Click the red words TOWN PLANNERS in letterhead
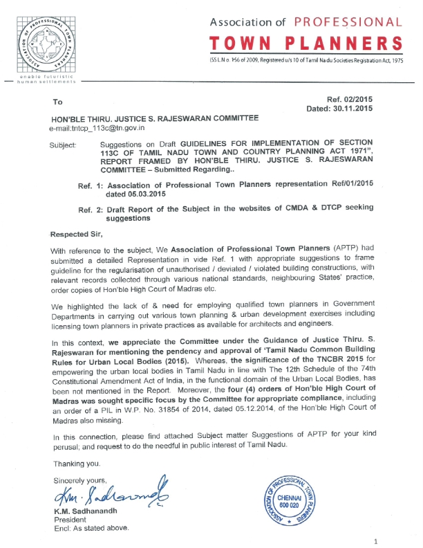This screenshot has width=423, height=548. coord(309,44)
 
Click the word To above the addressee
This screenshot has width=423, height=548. coord(57,102)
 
